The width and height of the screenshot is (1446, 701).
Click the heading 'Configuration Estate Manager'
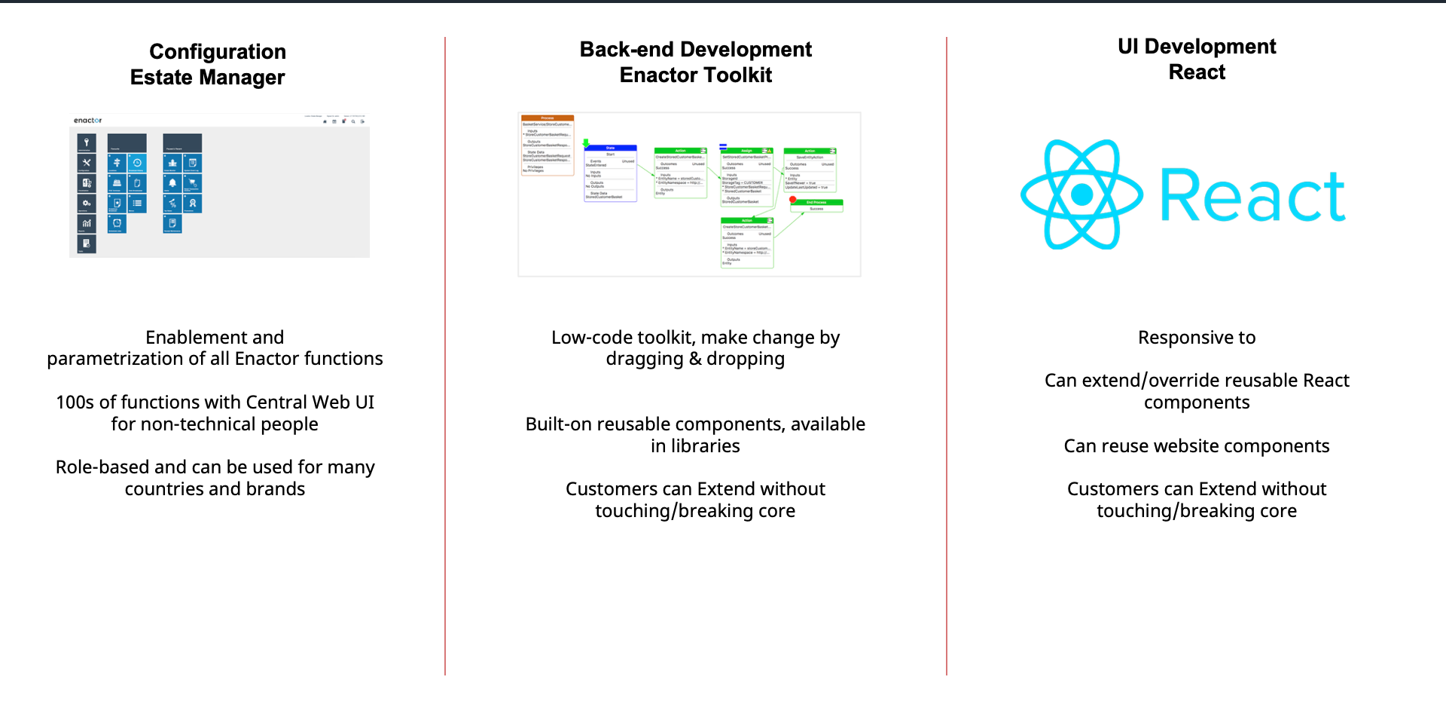click(x=208, y=64)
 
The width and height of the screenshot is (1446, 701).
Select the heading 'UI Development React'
click(x=1197, y=59)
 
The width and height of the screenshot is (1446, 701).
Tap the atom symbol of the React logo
click(x=1081, y=194)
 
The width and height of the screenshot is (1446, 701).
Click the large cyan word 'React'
click(x=1252, y=196)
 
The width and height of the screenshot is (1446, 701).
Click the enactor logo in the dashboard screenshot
click(x=87, y=121)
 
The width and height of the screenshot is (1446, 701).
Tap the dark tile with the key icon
click(x=87, y=142)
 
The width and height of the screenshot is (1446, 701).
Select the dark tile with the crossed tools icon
click(x=87, y=163)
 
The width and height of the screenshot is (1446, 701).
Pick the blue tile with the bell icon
click(x=172, y=183)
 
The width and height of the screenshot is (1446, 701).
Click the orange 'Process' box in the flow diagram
click(x=548, y=118)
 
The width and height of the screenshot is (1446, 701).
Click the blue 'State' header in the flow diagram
click(x=610, y=148)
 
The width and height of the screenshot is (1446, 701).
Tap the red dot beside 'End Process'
click(x=793, y=200)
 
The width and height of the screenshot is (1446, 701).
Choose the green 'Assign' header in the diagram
click(x=746, y=151)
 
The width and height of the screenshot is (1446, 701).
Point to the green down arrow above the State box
click(x=586, y=142)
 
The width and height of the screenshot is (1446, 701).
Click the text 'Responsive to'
click(x=1197, y=338)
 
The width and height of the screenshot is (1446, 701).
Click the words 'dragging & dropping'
click(x=695, y=359)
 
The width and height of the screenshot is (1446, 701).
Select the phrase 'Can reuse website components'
click(x=1197, y=446)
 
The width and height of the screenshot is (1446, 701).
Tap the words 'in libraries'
click(x=695, y=446)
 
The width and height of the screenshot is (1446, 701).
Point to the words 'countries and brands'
click(x=215, y=489)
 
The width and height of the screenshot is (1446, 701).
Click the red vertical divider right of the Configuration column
click(x=445, y=354)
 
